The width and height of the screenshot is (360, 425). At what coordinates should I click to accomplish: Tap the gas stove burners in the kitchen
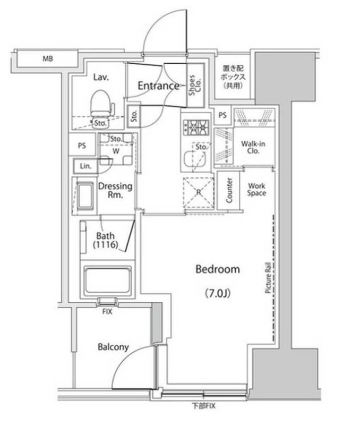click(196, 127)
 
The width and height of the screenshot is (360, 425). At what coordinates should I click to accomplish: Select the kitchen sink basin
click(195, 159)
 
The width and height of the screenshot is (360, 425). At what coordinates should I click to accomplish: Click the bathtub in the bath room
click(108, 280)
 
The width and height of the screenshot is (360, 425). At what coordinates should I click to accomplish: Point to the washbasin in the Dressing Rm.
click(85, 196)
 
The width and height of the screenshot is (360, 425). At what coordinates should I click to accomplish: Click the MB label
click(48, 58)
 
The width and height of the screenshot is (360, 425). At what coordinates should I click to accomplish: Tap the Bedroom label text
click(218, 269)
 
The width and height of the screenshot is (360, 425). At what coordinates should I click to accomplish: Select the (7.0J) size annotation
click(218, 293)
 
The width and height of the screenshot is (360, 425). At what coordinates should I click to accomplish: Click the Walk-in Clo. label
click(253, 148)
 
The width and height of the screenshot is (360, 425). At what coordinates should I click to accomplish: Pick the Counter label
click(229, 190)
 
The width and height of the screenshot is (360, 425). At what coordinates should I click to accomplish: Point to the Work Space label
click(256, 190)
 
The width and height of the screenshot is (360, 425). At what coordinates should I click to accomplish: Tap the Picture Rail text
click(268, 277)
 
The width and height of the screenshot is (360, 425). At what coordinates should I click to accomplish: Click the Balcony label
click(113, 347)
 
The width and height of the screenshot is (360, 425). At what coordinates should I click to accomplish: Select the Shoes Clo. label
click(195, 85)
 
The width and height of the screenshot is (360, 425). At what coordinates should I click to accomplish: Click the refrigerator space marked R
click(199, 192)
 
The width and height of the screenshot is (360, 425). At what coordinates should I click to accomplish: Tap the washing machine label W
click(116, 151)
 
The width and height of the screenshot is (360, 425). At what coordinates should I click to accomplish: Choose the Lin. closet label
click(85, 166)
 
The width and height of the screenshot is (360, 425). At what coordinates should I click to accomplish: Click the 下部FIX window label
click(204, 406)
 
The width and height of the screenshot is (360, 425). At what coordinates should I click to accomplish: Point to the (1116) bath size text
click(106, 245)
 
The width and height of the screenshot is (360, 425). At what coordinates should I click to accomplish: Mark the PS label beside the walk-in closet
click(222, 115)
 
